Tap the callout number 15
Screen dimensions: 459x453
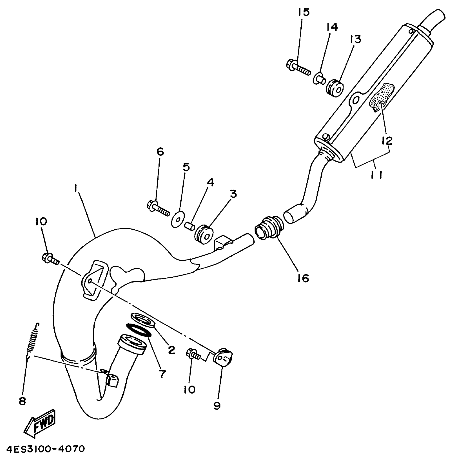[x=304, y=12]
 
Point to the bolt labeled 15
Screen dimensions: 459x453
[x=298, y=67]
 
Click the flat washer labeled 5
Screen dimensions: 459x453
[x=178, y=219]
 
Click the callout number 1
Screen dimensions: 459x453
[x=76, y=189]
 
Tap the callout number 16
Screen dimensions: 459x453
[x=303, y=278]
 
